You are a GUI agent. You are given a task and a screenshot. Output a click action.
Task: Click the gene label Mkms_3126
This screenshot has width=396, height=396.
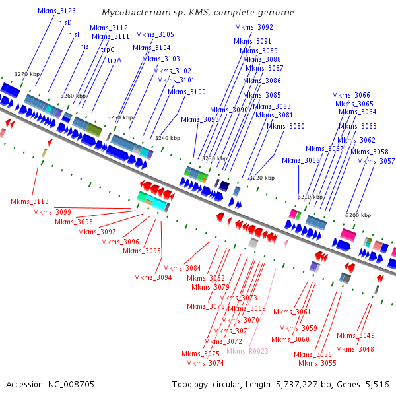[56, 11]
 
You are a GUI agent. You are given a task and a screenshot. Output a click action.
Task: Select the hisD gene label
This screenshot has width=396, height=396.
[65, 22]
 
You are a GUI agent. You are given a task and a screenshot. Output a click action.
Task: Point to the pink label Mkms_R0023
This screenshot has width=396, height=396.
[247, 351]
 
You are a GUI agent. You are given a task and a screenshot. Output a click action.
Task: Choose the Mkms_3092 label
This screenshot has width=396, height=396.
[254, 28]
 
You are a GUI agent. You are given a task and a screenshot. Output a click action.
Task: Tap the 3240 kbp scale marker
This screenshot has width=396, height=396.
[167, 138]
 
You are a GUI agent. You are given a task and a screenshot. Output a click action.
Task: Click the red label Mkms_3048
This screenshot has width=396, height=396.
[355, 349]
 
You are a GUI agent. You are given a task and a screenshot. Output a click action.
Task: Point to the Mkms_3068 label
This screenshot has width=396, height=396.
[300, 160]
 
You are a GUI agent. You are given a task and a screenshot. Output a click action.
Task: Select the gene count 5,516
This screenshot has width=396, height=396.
[376, 384]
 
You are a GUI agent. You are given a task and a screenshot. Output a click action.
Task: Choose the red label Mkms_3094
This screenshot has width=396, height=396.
[152, 277]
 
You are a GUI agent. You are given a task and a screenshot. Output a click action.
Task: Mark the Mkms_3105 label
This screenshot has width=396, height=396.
[155, 34]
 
